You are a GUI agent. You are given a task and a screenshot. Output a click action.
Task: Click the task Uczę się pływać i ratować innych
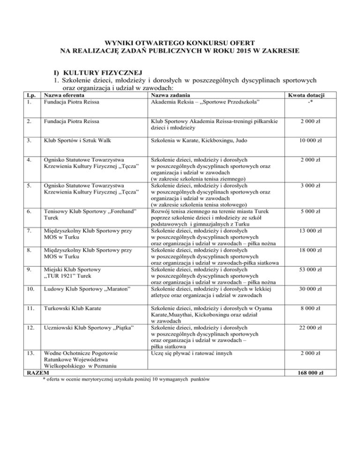(x=191, y=353)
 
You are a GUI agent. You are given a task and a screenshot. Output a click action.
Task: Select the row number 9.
(x=29, y=270)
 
